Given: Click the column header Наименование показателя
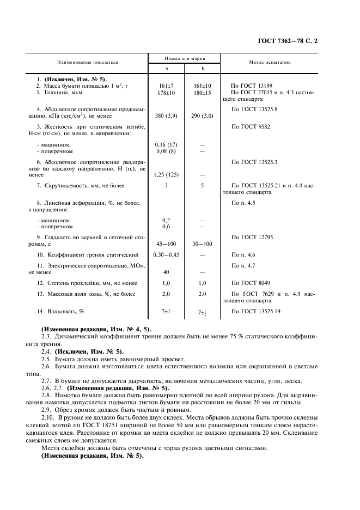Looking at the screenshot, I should point(89,63).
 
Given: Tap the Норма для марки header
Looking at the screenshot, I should point(184,58).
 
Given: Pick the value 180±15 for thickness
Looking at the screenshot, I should point(202,92).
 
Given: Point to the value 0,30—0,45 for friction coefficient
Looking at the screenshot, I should point(167,254).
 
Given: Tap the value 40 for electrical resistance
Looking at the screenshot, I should point(167,272).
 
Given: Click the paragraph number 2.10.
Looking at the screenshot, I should point(48,416).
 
